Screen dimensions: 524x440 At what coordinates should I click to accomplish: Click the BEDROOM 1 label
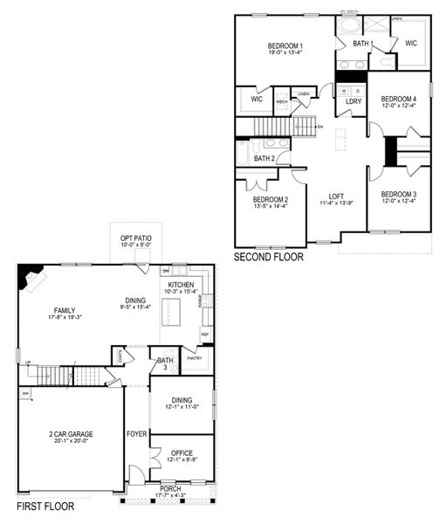285,45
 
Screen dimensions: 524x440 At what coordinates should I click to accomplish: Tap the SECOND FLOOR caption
268,258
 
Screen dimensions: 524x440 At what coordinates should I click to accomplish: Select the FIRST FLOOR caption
45,506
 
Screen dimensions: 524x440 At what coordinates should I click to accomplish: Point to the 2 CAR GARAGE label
71,433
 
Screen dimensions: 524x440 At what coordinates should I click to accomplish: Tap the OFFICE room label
182,452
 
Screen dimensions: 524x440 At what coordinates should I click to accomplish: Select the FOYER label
137,433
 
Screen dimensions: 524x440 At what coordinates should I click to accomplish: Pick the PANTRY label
194,357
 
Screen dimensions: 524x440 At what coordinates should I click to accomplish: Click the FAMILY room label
63,310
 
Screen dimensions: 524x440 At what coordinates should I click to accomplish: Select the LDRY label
354,101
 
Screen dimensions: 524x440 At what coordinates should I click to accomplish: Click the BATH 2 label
265,158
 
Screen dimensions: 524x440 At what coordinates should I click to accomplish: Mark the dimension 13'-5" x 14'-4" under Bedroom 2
270,206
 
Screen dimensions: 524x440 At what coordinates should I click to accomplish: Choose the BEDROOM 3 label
398,194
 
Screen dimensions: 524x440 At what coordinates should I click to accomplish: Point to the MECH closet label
282,101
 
